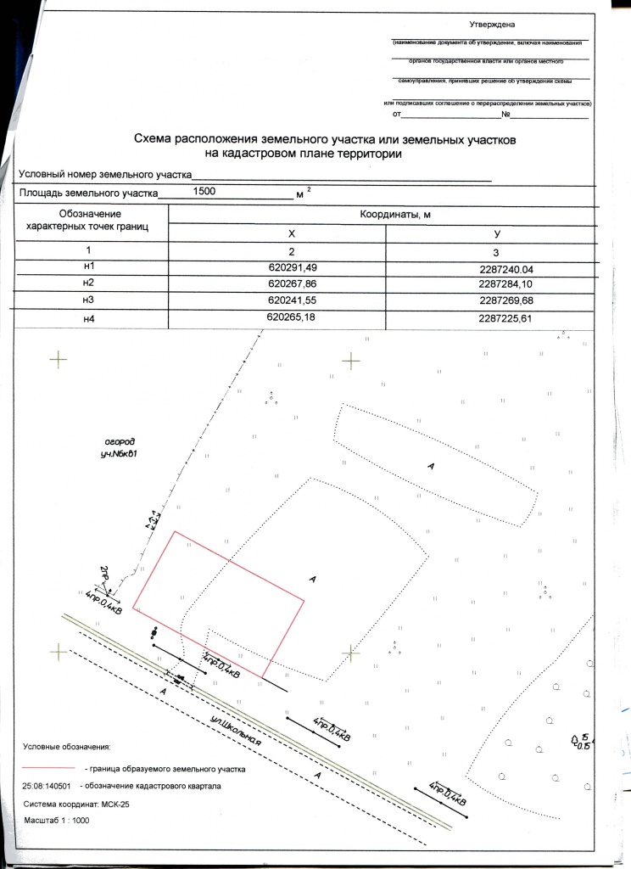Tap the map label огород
coord(120,442)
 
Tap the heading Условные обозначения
coord(66,747)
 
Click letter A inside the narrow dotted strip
coord(432,467)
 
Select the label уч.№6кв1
coord(119,455)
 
